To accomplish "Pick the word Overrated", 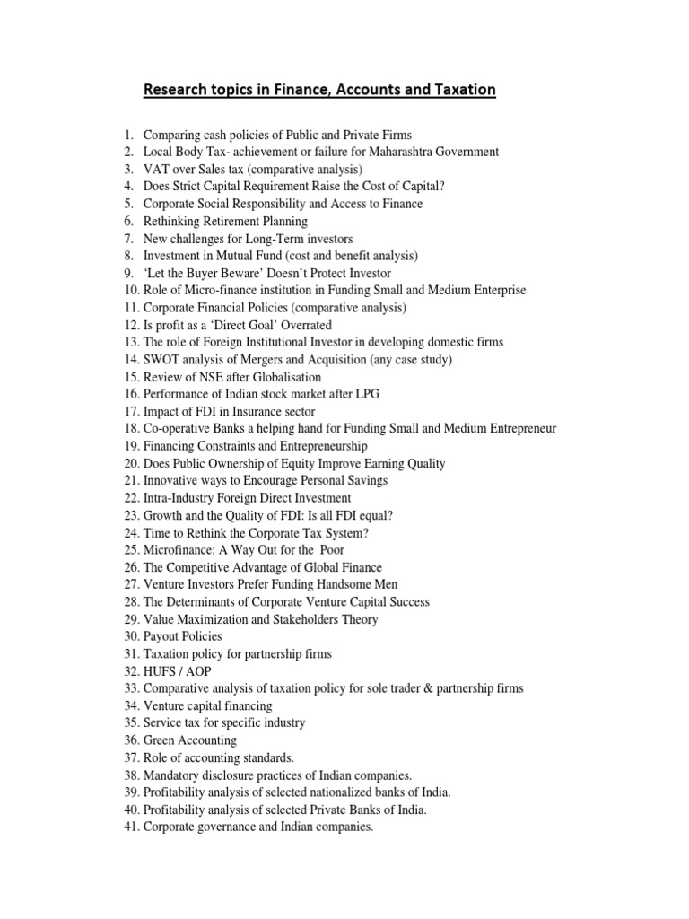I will click(303, 325).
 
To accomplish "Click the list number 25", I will click(132, 550).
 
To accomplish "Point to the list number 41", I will click(132, 827).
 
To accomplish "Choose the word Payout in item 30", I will click(162, 636).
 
